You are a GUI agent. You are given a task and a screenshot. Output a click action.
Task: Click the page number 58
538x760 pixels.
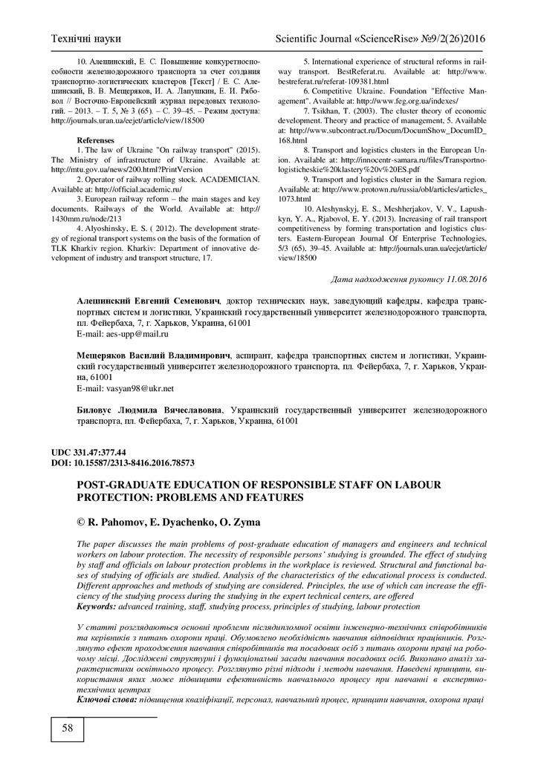(x=67, y=728)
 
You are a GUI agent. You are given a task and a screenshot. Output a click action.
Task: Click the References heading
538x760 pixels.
(x=96, y=140)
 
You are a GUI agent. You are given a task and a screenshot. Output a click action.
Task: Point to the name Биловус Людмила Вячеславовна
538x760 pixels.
(x=152, y=409)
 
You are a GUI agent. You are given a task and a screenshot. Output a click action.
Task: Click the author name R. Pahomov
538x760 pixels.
(x=123, y=522)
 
